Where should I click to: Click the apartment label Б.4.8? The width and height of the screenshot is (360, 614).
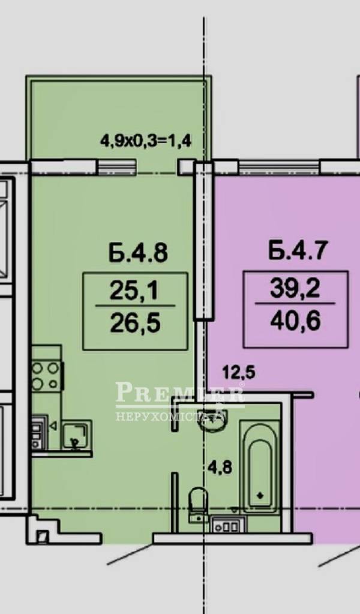point(138,253)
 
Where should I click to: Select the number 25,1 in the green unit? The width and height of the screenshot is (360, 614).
point(134,291)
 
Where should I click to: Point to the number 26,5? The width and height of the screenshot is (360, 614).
point(135,324)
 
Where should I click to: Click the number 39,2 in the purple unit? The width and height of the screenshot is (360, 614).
point(295,289)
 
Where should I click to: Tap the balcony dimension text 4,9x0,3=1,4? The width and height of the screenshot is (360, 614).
point(146,140)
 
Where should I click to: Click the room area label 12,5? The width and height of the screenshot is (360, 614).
point(239,372)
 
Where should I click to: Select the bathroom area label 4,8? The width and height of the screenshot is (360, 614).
point(220,467)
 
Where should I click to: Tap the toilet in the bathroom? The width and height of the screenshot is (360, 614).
point(199,504)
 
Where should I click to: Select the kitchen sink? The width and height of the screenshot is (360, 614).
point(76,434)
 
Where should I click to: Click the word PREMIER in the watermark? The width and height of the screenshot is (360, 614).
point(180,393)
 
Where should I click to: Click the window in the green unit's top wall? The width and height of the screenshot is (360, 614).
point(116,167)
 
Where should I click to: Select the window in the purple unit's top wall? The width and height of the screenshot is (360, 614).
point(279,167)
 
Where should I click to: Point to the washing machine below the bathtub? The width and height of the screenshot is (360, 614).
point(228,525)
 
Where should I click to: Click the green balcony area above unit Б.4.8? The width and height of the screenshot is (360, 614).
point(118,118)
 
